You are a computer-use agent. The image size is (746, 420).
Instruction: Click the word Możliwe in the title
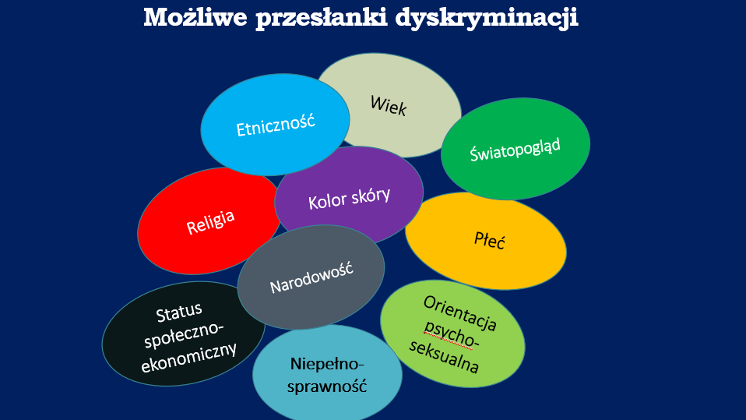click(x=195, y=17)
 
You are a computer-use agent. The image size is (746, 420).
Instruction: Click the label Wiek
click(x=389, y=105)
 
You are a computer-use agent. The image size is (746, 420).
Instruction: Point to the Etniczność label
click(x=276, y=125)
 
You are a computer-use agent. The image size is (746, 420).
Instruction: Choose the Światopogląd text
click(x=515, y=150)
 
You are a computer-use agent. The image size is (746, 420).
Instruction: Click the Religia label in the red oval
click(x=210, y=222)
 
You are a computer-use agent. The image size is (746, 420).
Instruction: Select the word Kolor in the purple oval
click(x=327, y=201)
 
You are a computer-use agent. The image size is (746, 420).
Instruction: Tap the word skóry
click(x=371, y=196)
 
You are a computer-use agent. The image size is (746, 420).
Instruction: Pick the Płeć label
click(x=490, y=240)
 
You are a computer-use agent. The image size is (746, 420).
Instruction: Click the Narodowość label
click(x=311, y=277)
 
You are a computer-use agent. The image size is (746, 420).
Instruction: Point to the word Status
click(x=179, y=312)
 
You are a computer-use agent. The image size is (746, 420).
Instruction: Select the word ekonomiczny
click(x=189, y=357)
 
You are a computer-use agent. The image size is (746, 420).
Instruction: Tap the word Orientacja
click(x=460, y=313)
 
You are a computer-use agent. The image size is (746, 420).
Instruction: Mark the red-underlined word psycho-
click(x=451, y=334)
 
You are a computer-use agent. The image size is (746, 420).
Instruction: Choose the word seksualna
click(x=444, y=355)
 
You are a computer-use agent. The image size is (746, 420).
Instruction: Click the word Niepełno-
click(x=327, y=364)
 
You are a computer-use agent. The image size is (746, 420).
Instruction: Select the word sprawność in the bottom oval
click(x=327, y=386)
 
